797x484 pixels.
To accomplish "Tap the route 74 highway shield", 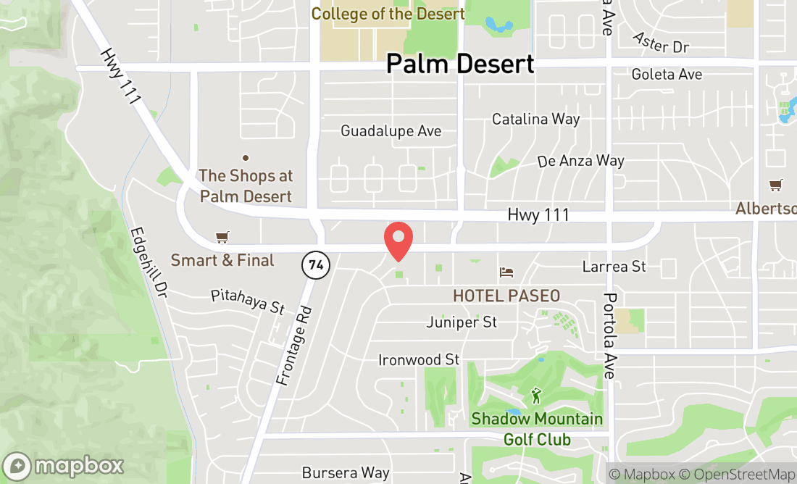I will point(316,265).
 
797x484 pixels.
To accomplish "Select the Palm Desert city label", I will point(460,64).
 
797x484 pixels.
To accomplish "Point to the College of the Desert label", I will point(388,14).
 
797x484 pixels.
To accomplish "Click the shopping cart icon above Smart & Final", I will point(222,238).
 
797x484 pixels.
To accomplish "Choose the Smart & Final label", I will point(222,260).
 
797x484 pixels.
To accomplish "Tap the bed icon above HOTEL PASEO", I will point(506,272).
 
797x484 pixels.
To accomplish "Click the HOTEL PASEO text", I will point(506,296).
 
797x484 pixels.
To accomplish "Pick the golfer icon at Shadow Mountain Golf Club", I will point(536,396).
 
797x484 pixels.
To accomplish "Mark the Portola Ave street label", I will point(610,336).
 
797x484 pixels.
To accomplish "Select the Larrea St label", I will point(614,267).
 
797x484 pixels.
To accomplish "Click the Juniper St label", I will point(462,322).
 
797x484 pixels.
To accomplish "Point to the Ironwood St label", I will point(419,359).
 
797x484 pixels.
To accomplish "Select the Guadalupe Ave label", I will point(391,131).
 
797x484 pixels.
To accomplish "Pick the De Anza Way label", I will point(581,161).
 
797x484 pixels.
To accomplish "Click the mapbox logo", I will point(63,465).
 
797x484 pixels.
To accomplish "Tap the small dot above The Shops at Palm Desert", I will point(246,157).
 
